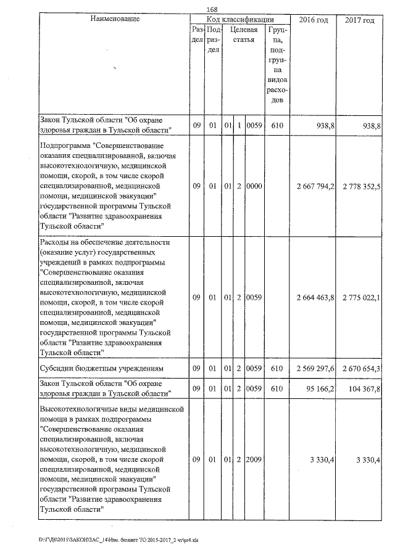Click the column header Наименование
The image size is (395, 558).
point(115,20)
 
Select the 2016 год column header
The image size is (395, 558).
point(314,20)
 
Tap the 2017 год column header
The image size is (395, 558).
point(359,20)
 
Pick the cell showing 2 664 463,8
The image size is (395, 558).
point(315,297)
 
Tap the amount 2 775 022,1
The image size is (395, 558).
point(360,297)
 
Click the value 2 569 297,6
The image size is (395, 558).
point(315,368)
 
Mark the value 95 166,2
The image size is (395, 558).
point(319,388)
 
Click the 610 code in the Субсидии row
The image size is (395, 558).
point(276,368)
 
